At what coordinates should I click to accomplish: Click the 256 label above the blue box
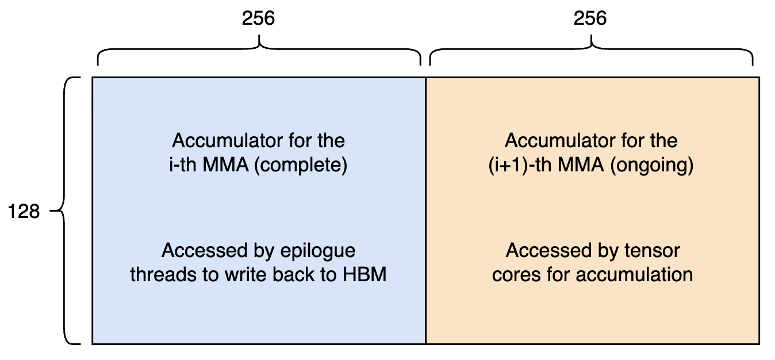[259, 18]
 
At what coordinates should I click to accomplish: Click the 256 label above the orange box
[590, 18]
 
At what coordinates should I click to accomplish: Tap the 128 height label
[24, 212]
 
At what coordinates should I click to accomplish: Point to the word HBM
[365, 274]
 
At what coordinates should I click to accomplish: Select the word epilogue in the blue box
[319, 251]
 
